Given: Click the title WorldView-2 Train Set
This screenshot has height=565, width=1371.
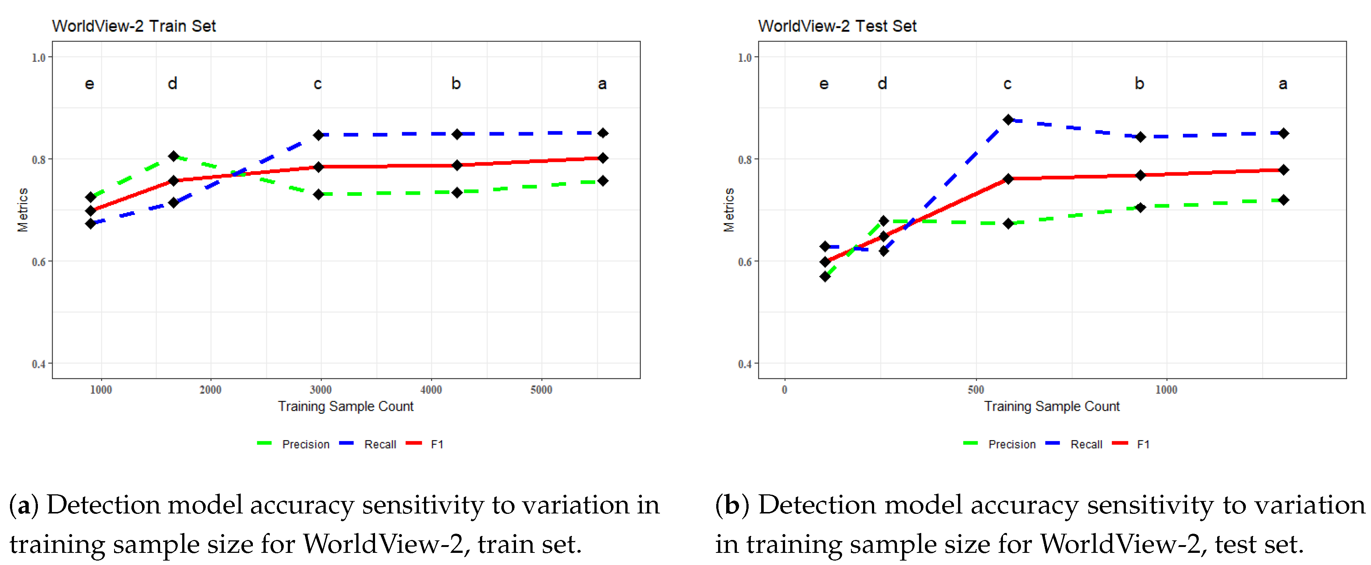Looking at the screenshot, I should tap(134, 26).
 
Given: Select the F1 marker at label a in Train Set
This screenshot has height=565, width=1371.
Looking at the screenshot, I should tap(603, 158).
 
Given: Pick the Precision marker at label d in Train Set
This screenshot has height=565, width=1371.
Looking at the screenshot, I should tap(173, 156).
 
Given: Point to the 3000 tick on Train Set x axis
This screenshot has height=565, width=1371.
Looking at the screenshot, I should tap(321, 389).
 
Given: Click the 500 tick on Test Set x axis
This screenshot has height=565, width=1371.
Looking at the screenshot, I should tap(976, 389).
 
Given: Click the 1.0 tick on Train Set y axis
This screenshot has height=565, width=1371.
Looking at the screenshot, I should tap(38, 57).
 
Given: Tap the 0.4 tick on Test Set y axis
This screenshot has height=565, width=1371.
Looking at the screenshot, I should tap(745, 364).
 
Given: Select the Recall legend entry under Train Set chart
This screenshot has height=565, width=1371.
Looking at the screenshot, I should tap(379, 444).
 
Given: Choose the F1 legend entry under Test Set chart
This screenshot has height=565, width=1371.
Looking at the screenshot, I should tap(1143, 444).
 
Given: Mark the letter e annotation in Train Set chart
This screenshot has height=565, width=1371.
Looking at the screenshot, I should tap(89, 84).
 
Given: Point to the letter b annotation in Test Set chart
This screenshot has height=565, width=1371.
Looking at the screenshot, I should tap(1139, 84).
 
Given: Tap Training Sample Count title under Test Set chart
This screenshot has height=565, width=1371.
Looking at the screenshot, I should tap(1051, 406).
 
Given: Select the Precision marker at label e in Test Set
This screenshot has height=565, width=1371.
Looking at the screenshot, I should tap(824, 276).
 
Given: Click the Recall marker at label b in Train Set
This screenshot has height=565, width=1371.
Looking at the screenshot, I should tap(457, 134).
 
